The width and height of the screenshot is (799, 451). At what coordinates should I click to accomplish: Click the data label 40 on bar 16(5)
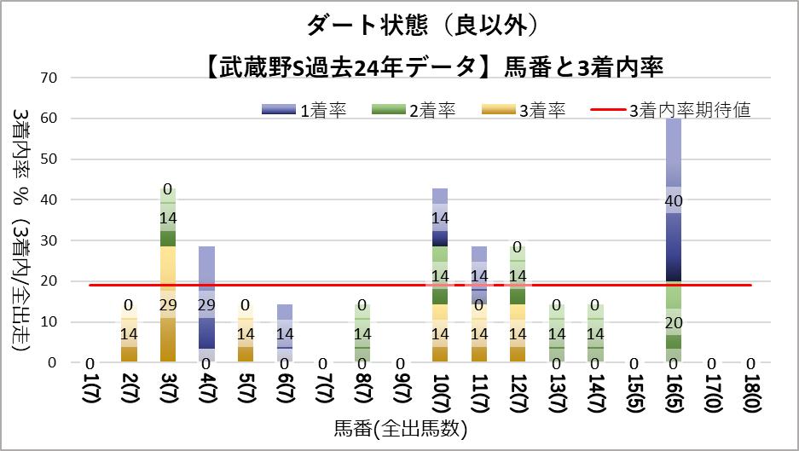[x=675, y=201]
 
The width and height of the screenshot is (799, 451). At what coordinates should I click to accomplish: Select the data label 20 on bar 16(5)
[x=675, y=322]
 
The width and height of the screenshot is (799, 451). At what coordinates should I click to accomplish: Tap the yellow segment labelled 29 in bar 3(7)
[x=168, y=304]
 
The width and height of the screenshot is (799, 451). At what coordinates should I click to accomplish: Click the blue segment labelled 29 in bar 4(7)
[x=207, y=304]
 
